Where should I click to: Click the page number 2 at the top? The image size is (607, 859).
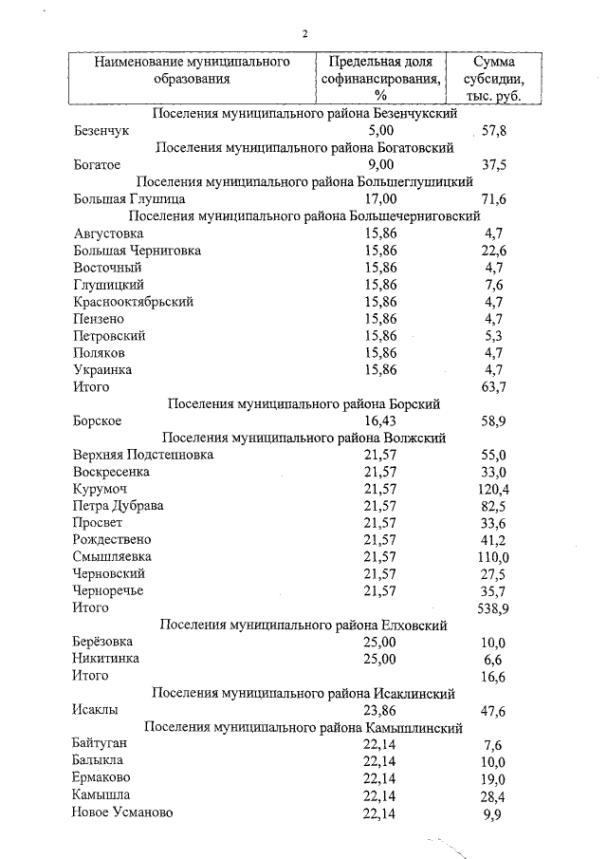point(305,34)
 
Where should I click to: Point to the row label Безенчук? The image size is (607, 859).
point(101,130)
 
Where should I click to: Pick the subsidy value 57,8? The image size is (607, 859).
point(494,130)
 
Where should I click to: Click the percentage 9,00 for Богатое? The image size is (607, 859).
point(379,164)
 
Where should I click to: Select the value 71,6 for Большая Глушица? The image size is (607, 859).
point(494,199)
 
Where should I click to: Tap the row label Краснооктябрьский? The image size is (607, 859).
point(133,301)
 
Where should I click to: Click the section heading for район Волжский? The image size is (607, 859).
point(303,438)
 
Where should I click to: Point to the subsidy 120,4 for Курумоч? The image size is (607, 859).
point(493,489)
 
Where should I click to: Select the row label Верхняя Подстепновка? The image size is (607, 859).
point(143,455)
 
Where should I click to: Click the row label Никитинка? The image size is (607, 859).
point(106,658)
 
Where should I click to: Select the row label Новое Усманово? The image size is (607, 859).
point(122,812)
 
